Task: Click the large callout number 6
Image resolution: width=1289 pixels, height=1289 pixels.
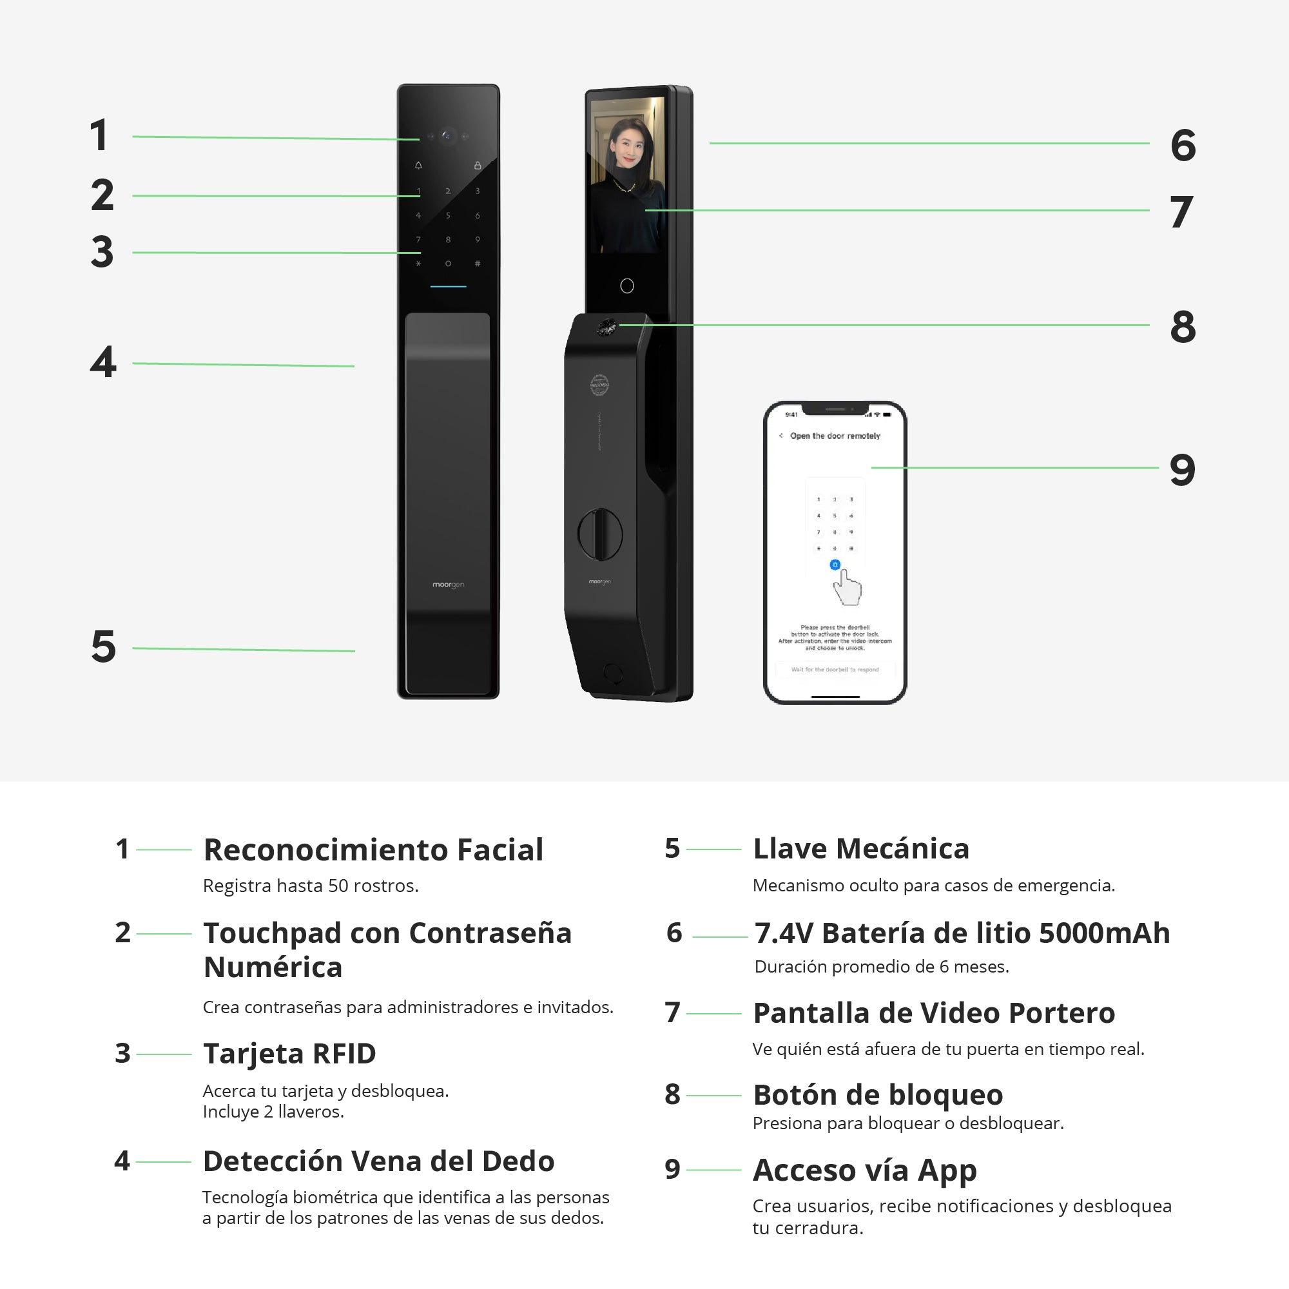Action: [x=1182, y=145]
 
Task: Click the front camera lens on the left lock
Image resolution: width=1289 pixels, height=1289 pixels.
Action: [x=447, y=136]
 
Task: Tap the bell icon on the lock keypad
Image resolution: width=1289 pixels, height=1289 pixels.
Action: [x=418, y=166]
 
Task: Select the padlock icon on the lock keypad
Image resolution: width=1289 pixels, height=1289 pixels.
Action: [x=478, y=166]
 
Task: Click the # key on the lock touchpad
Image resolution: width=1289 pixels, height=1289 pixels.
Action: [x=478, y=264]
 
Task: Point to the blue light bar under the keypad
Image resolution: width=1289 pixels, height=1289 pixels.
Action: [x=449, y=287]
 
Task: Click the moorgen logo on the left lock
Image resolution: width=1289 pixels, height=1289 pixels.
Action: [x=449, y=585]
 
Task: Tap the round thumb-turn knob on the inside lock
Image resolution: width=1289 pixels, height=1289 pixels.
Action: [x=600, y=534]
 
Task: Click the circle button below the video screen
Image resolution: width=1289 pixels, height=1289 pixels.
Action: [x=627, y=286]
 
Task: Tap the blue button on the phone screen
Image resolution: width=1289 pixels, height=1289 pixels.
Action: [x=835, y=565]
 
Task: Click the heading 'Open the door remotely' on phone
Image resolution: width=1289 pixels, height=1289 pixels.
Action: [x=835, y=436]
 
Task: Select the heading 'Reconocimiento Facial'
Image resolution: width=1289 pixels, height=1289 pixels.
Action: [x=373, y=850]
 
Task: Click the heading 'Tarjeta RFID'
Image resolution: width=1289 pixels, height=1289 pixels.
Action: [x=289, y=1054]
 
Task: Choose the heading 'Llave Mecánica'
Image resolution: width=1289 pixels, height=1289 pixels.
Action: [x=860, y=849]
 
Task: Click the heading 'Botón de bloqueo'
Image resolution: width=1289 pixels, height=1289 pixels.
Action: [x=878, y=1095]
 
